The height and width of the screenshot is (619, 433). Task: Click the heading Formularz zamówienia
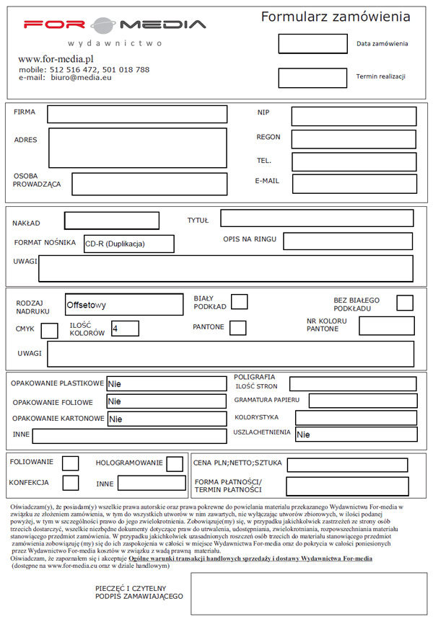point(336,17)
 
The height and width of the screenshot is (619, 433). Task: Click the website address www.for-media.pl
point(57,58)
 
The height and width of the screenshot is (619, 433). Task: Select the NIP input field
point(354,116)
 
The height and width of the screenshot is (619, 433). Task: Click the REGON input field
point(354,138)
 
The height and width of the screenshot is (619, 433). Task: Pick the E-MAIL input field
point(354,183)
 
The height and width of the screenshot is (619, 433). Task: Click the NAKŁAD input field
point(112,221)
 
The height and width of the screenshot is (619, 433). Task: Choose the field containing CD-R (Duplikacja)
point(128,244)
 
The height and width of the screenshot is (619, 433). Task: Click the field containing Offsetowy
point(123,305)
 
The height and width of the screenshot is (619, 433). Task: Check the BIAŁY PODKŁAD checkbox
point(239,302)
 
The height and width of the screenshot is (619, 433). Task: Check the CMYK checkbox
point(50,331)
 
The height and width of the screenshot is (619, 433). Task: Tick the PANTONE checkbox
point(237,328)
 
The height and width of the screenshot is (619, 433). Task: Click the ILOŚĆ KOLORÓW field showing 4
point(124,329)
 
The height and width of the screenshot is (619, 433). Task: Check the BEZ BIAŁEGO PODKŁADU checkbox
point(405,303)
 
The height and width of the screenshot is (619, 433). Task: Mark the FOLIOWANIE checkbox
point(71,463)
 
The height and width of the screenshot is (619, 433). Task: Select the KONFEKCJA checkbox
point(71,483)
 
